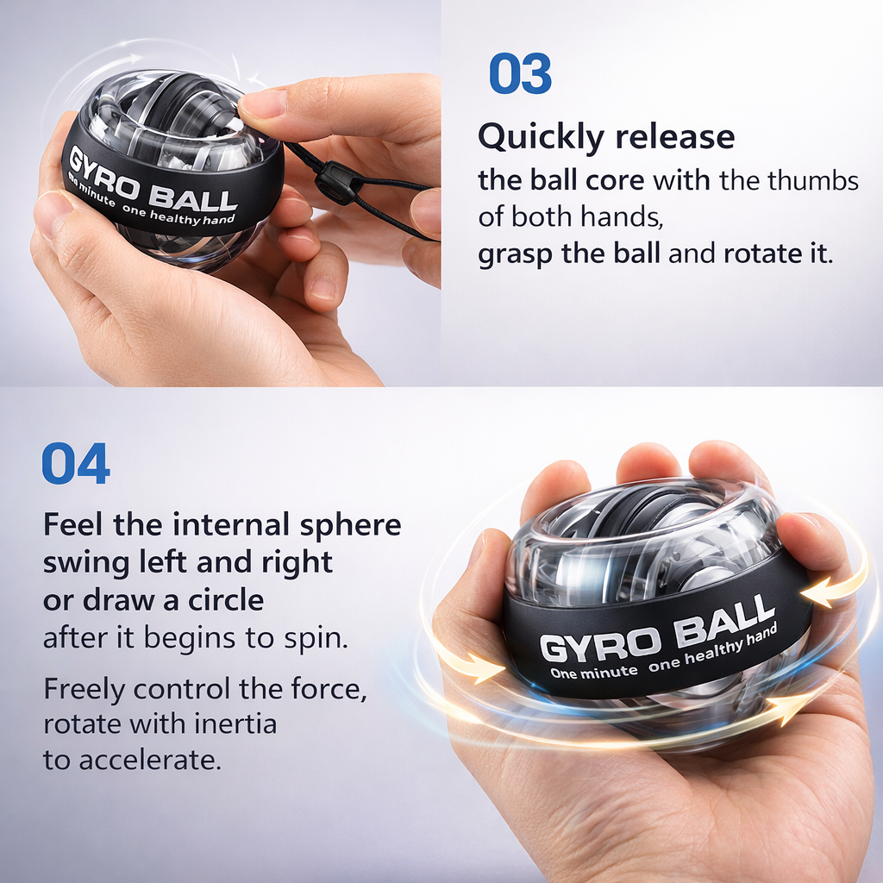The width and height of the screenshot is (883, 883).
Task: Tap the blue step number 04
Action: click(x=76, y=464)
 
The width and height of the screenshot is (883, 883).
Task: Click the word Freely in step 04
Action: click(x=85, y=690)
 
